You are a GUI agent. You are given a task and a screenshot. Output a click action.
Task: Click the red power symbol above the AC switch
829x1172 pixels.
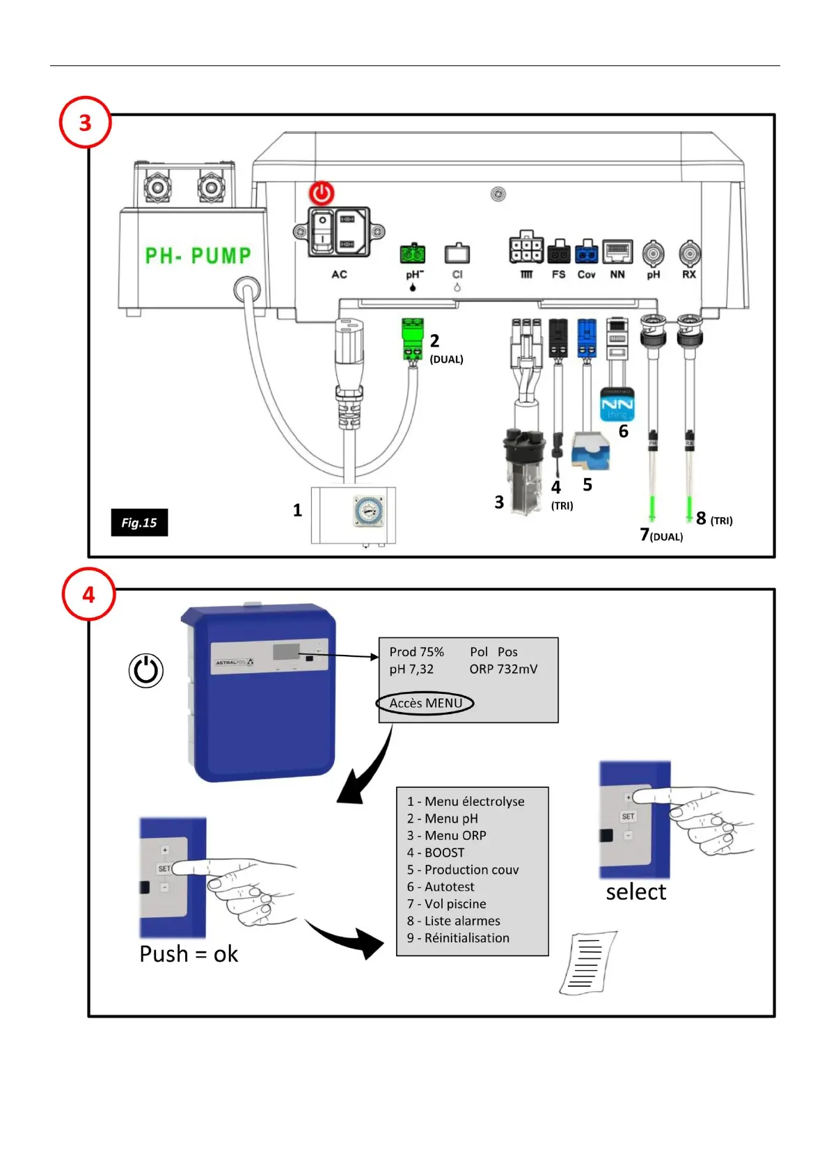[322, 193]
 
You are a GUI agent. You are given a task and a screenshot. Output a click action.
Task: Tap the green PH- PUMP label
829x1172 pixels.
[198, 255]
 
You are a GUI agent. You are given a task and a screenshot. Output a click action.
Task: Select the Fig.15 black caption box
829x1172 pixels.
[139, 523]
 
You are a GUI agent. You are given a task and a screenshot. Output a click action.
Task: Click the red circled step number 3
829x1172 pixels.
[85, 122]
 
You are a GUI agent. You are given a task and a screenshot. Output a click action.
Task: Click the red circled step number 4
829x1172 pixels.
[88, 594]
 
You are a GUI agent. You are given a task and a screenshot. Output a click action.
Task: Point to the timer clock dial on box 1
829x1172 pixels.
[367, 511]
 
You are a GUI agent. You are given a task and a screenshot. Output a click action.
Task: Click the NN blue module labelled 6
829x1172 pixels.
[617, 404]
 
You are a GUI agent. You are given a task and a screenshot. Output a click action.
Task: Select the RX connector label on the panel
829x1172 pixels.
[688, 275]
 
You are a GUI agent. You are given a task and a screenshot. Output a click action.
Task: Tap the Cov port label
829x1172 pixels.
[586, 275]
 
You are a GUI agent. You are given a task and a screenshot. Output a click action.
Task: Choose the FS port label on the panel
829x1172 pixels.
[558, 275]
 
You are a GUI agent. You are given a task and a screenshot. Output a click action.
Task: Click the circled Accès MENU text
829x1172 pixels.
[425, 703]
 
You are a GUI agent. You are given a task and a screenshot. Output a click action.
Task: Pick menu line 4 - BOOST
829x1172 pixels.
[436, 853]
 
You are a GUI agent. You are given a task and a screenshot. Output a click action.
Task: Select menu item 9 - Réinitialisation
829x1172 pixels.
[458, 938]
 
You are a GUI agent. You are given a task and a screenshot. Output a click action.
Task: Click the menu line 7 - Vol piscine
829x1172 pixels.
[446, 904]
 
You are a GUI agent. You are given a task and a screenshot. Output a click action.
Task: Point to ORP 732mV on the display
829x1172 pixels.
[503, 669]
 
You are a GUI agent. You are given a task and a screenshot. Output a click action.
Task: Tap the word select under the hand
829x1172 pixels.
[635, 892]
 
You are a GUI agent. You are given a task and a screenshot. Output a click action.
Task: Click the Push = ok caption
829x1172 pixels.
[189, 953]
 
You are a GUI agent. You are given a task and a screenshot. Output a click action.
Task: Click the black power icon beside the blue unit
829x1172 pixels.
[146, 671]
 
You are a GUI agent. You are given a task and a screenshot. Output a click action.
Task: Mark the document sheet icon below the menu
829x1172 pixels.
[588, 963]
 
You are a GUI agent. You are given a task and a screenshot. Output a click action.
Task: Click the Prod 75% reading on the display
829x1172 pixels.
[416, 652]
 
